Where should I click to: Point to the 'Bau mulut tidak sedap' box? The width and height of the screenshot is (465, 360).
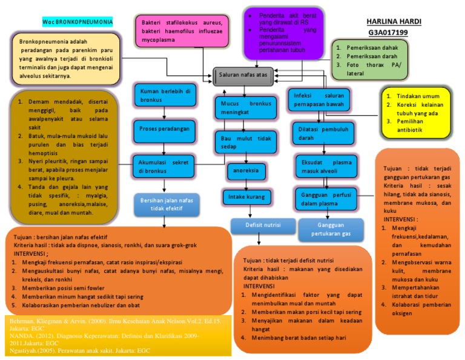(246, 142)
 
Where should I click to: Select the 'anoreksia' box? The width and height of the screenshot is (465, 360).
(246, 170)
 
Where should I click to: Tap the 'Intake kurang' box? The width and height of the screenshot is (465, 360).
(246, 197)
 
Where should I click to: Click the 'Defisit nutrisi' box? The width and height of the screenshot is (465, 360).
(262, 225)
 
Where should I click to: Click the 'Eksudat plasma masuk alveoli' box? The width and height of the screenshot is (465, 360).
(322, 167)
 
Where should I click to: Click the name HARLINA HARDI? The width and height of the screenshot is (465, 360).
(398, 21)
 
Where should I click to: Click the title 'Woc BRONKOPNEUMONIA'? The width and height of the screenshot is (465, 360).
(77, 22)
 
